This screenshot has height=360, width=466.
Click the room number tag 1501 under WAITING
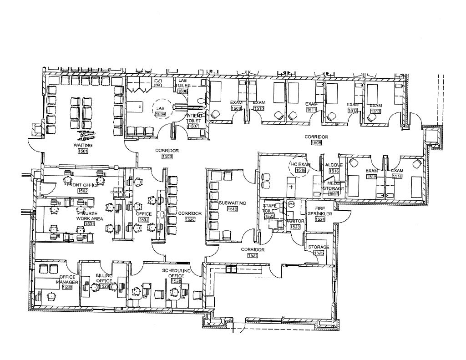(83, 151)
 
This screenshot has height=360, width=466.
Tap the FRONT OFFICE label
(83, 185)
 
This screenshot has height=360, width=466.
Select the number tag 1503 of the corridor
(167, 157)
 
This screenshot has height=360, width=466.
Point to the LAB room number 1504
(160, 114)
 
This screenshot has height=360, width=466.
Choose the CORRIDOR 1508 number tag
(316, 142)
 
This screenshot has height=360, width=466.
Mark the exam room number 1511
(312, 110)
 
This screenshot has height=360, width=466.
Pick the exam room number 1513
(375, 111)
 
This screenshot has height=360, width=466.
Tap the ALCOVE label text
(334, 165)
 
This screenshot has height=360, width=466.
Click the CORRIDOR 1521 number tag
(253, 256)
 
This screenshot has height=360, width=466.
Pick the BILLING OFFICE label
(104, 278)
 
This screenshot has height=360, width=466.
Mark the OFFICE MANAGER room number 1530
(67, 287)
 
